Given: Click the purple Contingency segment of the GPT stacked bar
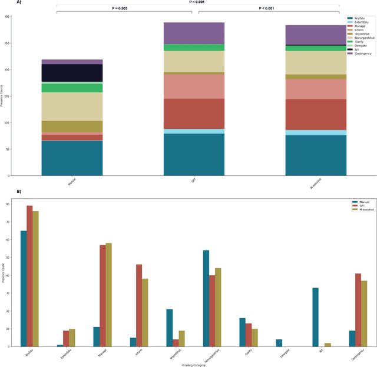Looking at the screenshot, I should tap(194, 33).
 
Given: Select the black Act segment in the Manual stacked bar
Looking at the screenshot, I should tap(72, 73).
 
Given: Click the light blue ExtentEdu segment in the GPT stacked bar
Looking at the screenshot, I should tap(194, 131).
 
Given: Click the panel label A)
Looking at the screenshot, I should tap(4, 2).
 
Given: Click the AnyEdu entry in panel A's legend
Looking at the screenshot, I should tap(358, 19).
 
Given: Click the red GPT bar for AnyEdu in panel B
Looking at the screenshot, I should tap(29, 276).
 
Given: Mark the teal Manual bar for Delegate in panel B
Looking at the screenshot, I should tap(279, 343).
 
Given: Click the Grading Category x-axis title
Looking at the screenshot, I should tap(193, 365).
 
